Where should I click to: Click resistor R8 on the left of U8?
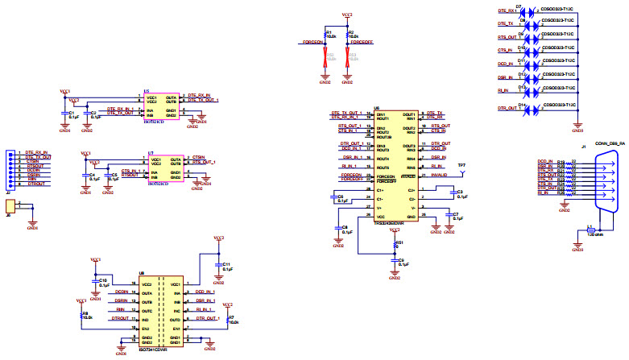[81, 315]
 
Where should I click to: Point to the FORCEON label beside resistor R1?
[312, 42]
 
